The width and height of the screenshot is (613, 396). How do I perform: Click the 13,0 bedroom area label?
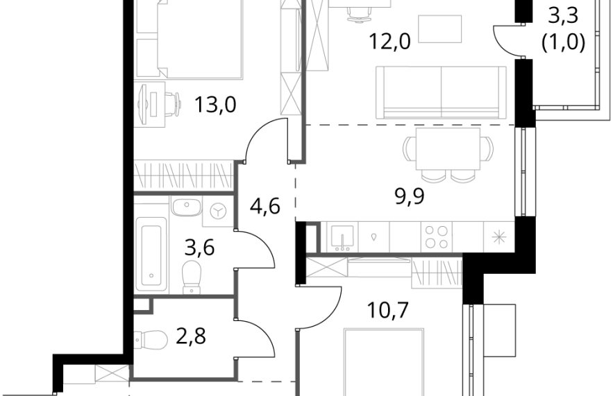pos(215,104)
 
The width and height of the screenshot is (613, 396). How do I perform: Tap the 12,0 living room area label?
pos(389,41)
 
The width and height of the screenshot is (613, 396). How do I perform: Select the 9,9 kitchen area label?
pos(410,196)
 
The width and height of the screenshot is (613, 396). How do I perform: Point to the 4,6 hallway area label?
pos(265,206)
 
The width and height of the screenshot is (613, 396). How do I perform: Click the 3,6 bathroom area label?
pos(199,247)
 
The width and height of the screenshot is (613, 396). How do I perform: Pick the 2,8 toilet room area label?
pos(191,336)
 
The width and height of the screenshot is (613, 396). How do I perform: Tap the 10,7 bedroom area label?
pos(388,310)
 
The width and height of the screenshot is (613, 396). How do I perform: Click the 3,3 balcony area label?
pos(563,17)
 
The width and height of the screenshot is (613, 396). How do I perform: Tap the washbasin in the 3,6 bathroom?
pos(187,207)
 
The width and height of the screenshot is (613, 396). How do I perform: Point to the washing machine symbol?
pos(218,212)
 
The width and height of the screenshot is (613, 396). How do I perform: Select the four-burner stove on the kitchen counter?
pos(436,236)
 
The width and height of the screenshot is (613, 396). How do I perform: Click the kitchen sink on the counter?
pos(342,237)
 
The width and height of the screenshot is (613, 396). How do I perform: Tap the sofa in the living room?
pos(442,92)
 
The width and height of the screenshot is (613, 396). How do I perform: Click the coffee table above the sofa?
pos(440,28)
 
